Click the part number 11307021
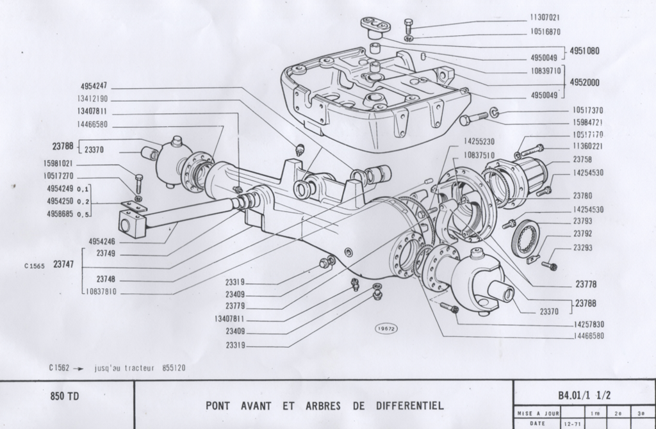click(545, 18)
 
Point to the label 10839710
click(546, 70)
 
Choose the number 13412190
click(93, 99)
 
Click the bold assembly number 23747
click(64, 264)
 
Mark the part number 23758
click(582, 159)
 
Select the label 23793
click(582, 222)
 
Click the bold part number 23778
click(586, 284)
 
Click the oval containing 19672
click(386, 328)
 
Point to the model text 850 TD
click(65, 396)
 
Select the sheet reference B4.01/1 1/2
click(584, 395)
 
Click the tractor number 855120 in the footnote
click(171, 368)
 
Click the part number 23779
click(235, 306)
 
